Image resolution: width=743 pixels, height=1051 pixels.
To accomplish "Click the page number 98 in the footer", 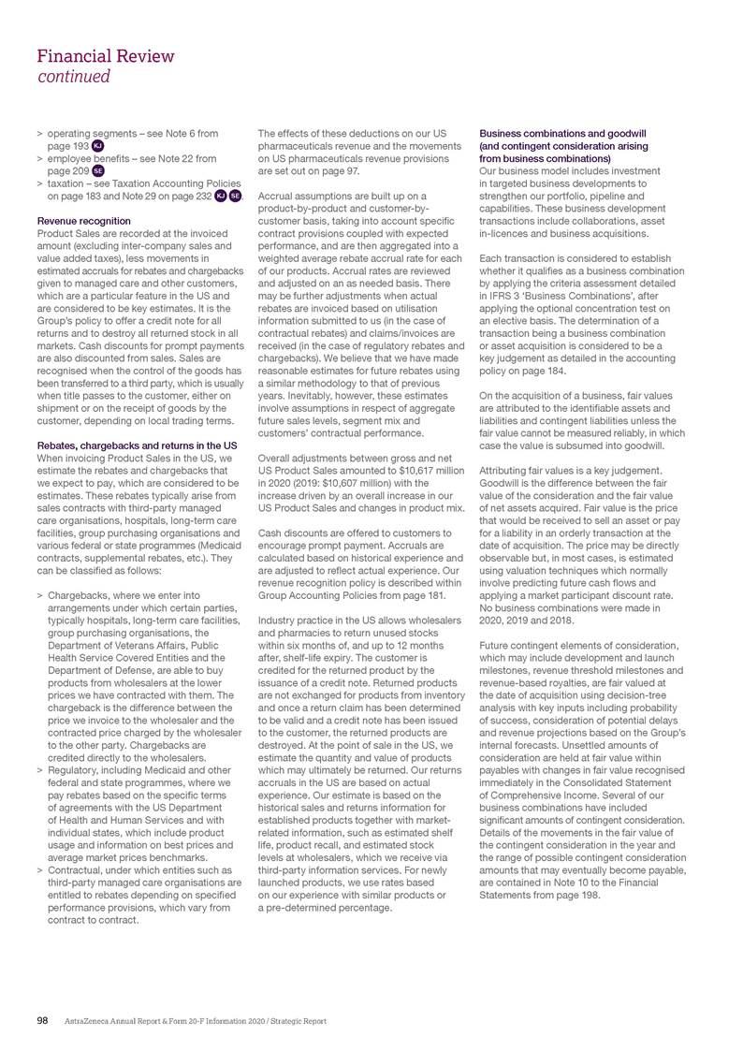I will coord(42,1020).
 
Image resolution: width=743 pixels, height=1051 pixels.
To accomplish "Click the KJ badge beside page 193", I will coord(97,147).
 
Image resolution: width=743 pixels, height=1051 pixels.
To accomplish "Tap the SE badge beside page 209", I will coord(97,171).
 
